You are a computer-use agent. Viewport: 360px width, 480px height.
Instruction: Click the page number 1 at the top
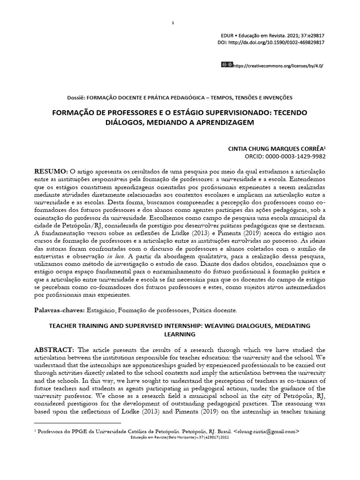pyautogui.click(x=173, y=23)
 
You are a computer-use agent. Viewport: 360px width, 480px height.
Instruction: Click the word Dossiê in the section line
pyautogui.click(x=76, y=97)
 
